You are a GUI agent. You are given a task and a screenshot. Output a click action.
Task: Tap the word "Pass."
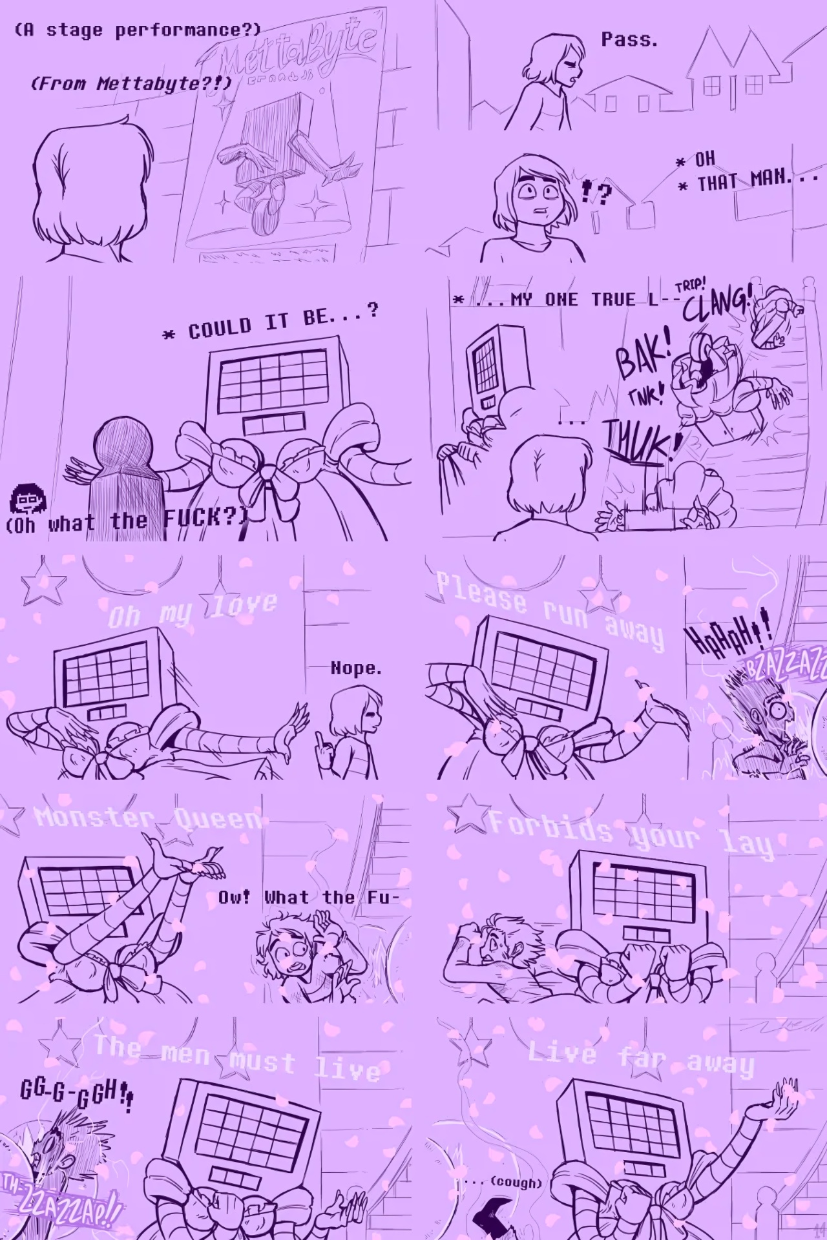pyautogui.click(x=629, y=40)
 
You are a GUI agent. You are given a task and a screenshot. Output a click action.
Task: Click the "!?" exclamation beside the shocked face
pyautogui.click(x=596, y=192)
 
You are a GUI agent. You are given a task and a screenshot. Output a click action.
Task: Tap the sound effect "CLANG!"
pyautogui.click(x=717, y=304)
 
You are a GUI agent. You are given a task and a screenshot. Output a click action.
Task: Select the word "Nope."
pyautogui.click(x=356, y=668)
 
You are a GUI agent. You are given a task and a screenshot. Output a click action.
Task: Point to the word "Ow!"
pyautogui.click(x=234, y=897)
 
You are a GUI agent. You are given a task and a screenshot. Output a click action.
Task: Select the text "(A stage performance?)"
pyautogui.click(x=138, y=30)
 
